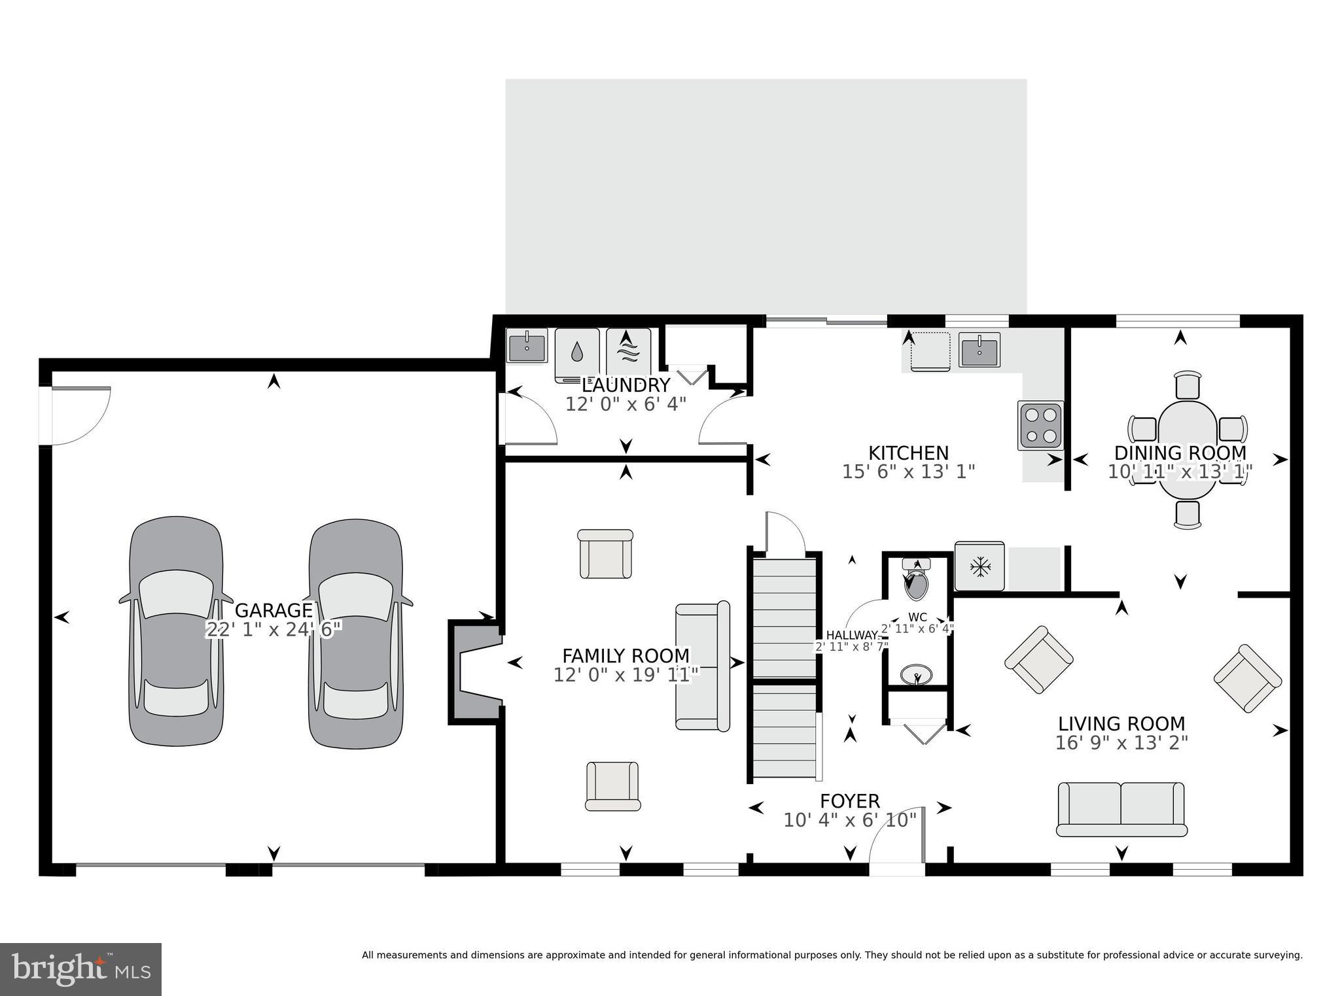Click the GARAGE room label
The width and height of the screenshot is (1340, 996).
point(273,610)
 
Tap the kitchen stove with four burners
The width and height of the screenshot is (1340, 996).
point(1040,425)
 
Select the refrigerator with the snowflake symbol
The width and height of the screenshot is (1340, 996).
point(979,566)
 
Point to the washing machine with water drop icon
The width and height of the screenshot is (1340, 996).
point(576,354)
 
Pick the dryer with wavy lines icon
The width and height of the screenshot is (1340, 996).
point(628,354)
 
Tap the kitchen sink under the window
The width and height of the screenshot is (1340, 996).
point(979,349)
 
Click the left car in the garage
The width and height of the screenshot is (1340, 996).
point(175,631)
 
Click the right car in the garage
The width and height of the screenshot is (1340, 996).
point(355,633)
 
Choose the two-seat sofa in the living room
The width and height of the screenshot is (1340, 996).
point(1121,809)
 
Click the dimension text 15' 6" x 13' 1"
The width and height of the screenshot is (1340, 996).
point(908,472)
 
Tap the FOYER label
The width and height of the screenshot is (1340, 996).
point(850,800)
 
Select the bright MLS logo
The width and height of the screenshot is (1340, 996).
point(80,969)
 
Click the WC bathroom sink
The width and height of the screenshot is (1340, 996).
point(916,674)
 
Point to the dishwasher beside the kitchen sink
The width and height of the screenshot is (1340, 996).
point(930,351)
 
